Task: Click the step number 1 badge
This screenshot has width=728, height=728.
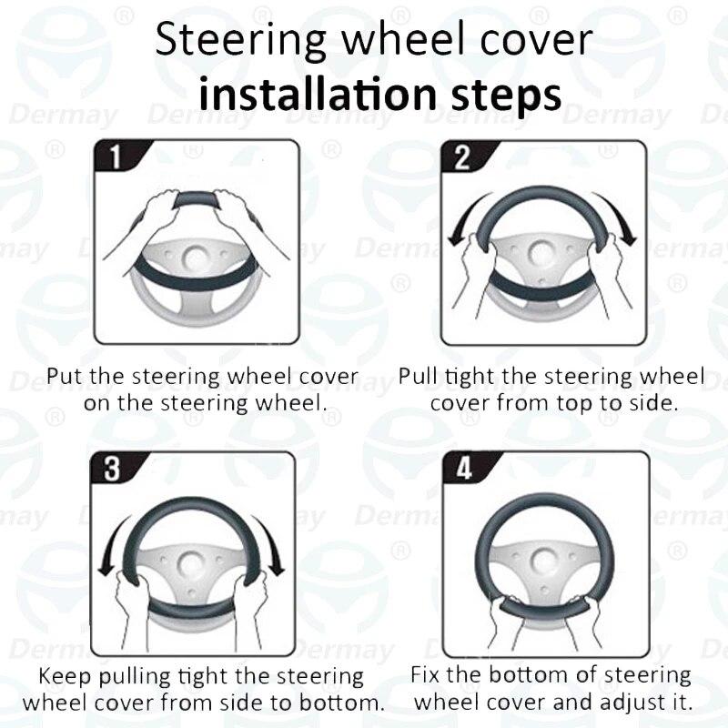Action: pos(117,156)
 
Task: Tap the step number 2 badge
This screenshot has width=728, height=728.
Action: pos(463,157)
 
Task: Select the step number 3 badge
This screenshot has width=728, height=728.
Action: pos(113,468)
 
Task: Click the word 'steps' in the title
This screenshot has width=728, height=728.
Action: pos(507,96)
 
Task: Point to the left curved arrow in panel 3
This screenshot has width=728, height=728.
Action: pos(117,543)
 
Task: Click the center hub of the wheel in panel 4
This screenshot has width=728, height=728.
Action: pos(544,561)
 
